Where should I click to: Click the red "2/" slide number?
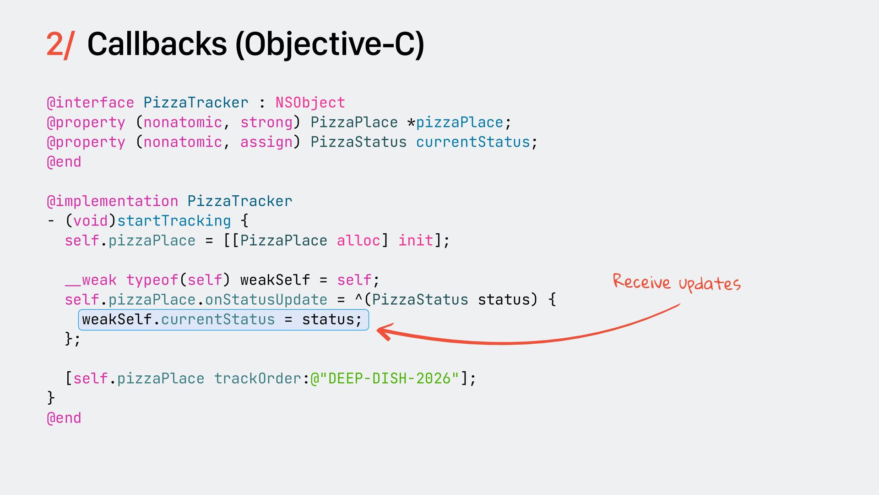[60, 45]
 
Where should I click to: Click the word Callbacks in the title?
[157, 45]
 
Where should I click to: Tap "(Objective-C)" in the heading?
[330, 45]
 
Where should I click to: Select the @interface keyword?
[91, 103]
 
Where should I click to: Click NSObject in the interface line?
[310, 103]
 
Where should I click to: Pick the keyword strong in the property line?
[266, 122]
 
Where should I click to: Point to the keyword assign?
[266, 142]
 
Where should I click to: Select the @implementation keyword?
[113, 201]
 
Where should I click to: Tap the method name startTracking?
[174, 221]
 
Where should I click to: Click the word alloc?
[358, 241]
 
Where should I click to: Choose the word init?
[416, 241]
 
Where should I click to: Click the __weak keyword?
[91, 280]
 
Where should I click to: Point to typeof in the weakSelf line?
[152, 280]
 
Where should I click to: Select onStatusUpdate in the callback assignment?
[266, 300]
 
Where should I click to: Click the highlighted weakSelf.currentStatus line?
[223, 319]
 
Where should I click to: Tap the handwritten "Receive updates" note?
[676, 282]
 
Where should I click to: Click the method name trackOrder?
[258, 379]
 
